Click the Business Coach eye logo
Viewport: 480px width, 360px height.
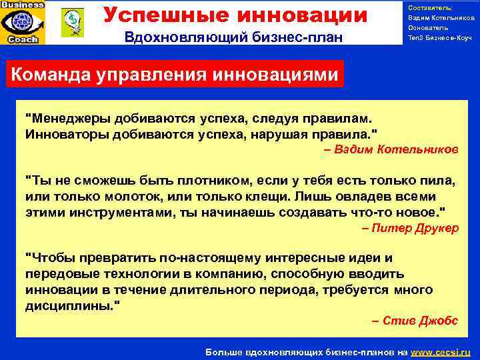[x=23, y=22]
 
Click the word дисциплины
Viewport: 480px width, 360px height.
[x=69, y=305]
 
